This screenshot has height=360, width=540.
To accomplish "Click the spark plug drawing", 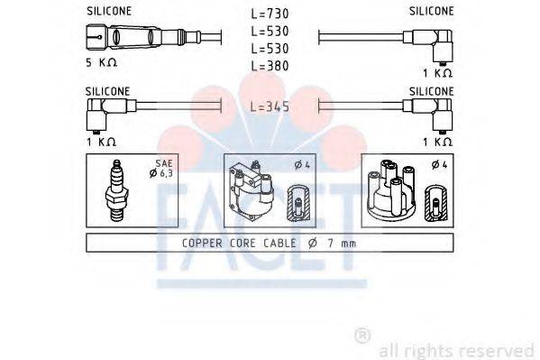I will point(115,190).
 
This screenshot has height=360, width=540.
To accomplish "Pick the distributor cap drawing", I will point(393,192).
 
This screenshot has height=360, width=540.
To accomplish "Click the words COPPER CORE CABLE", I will point(233,242).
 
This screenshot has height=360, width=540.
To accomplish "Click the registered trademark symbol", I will point(362,335).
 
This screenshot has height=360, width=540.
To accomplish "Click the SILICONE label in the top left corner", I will point(108,10).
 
